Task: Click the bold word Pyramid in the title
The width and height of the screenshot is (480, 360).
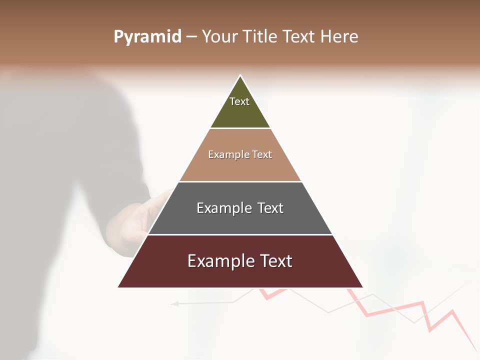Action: click(147, 37)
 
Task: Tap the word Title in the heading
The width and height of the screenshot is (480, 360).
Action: click(261, 37)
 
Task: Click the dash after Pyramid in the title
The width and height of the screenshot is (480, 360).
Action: click(191, 37)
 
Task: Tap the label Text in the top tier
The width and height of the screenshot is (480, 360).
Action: click(239, 101)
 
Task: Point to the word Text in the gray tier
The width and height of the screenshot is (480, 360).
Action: click(270, 208)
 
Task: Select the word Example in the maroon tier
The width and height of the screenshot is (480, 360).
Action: click(218, 261)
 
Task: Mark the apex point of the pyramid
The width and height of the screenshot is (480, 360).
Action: click(240, 75)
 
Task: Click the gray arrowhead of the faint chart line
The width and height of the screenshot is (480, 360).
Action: click(174, 303)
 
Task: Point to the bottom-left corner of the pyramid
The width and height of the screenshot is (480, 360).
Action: click(118, 287)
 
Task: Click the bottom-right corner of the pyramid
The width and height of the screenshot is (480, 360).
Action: click(362, 287)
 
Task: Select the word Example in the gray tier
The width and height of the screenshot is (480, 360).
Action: click(224, 208)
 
